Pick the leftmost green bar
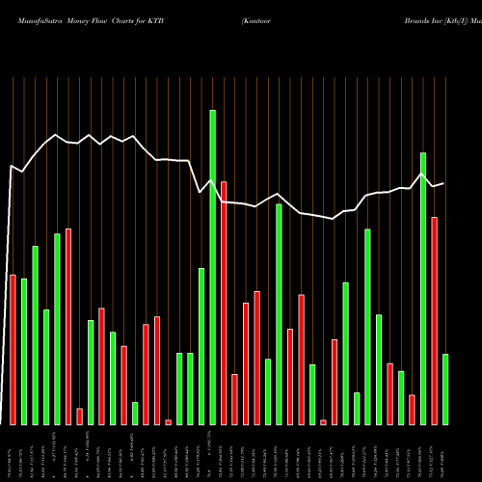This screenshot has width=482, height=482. (24, 351)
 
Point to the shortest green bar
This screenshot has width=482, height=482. (135, 413)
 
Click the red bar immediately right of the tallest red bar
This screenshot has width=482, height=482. (234, 399)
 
